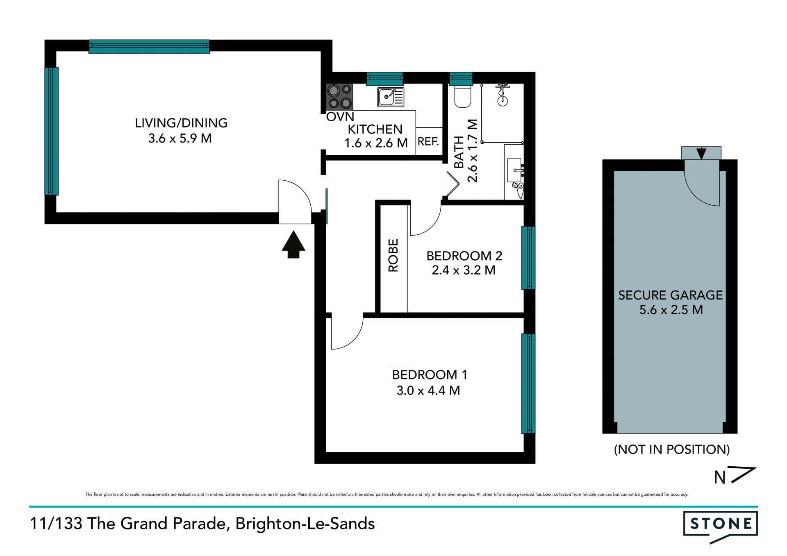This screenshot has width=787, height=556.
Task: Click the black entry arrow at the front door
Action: click(x=293, y=245)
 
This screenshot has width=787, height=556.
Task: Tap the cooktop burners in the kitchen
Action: click(x=339, y=97)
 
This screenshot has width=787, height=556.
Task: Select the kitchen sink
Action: click(x=391, y=97)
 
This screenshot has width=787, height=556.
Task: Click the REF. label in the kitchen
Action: click(x=428, y=142)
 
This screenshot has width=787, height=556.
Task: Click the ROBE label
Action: click(x=393, y=255)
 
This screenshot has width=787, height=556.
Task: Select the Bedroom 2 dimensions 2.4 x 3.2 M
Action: click(x=464, y=270)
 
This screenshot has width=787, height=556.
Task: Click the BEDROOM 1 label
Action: click(x=430, y=375)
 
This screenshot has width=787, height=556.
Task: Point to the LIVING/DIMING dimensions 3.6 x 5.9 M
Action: click(x=180, y=138)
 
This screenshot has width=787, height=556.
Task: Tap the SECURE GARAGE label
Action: click(x=671, y=295)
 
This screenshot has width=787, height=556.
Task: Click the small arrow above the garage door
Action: click(x=701, y=154)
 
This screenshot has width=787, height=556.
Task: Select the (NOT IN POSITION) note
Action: click(x=672, y=449)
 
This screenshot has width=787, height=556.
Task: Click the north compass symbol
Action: click(x=735, y=476)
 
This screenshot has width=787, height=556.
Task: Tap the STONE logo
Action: click(x=721, y=526)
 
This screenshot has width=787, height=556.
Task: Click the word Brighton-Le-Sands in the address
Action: click(x=305, y=524)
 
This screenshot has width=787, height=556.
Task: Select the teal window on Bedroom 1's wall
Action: click(x=528, y=384)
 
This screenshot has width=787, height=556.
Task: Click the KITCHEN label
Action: click(x=375, y=129)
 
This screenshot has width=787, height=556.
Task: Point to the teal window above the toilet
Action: click(x=461, y=79)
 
